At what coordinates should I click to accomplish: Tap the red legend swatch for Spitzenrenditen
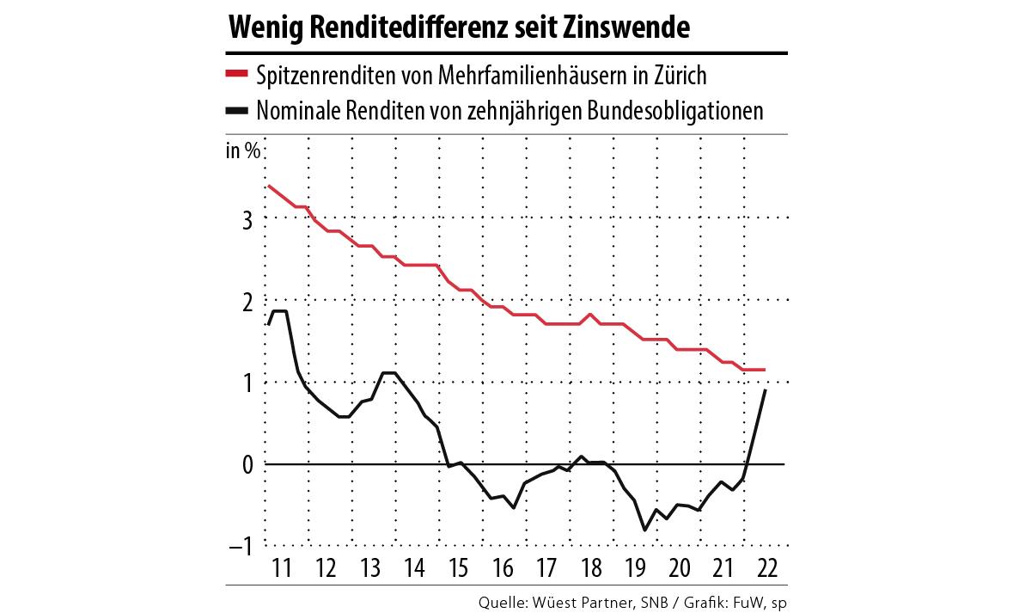(236, 75)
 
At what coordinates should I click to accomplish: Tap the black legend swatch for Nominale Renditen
(236, 111)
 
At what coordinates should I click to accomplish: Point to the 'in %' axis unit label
(242, 151)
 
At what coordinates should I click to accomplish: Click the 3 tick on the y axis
(247, 218)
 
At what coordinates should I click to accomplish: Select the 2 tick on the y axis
(247, 300)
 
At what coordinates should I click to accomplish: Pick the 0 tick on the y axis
(247, 464)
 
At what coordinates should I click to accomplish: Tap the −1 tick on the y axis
(241, 546)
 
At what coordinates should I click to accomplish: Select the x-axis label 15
(457, 568)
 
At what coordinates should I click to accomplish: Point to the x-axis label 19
(634, 568)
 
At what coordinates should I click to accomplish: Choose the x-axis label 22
(767, 568)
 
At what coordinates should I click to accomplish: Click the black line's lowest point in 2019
(645, 530)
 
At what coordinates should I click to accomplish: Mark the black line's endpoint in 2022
(766, 390)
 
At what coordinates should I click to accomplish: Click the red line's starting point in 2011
(269, 186)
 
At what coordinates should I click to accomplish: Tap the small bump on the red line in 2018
(591, 315)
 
